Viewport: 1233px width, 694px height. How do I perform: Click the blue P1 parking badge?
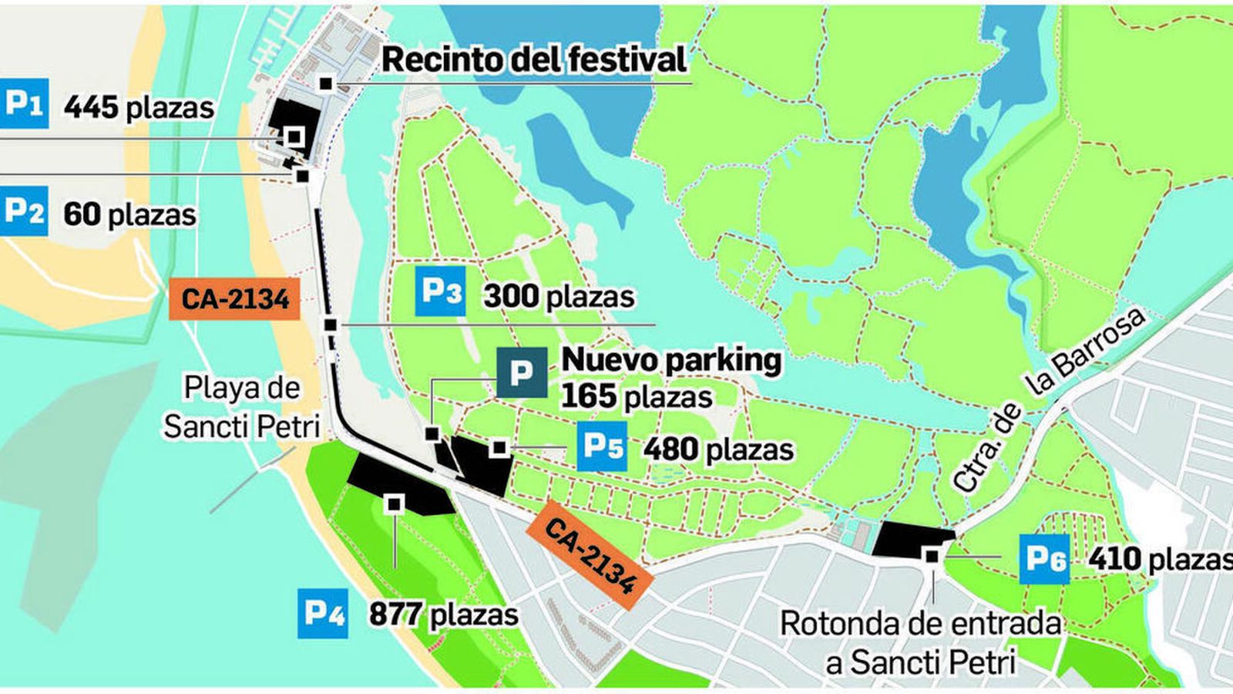coord(24,103)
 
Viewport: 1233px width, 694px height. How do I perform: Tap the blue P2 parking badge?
coord(24,211)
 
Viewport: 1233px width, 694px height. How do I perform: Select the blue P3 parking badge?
coord(440,291)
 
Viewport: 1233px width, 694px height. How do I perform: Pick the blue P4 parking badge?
coord(323,613)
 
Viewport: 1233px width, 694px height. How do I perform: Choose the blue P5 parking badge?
coord(602,446)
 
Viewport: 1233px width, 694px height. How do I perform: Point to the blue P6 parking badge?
coord(1044,558)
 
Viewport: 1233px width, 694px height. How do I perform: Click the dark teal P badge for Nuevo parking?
coord(521,372)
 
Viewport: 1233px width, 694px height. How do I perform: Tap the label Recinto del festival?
coord(534,60)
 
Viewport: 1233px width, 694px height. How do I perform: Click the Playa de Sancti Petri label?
coord(241,406)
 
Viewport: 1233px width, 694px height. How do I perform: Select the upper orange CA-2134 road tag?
coord(235,298)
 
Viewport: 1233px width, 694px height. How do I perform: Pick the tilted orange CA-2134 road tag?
coord(590,555)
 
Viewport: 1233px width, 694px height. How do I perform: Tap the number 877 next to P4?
coord(395,615)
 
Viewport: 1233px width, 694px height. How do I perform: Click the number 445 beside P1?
coord(90,107)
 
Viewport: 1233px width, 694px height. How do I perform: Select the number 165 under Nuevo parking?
coord(589,396)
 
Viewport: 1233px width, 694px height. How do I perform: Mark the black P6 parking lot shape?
coord(912,539)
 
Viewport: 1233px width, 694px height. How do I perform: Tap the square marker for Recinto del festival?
coord(327,83)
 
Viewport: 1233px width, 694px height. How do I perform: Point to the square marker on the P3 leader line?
coord(330,325)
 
